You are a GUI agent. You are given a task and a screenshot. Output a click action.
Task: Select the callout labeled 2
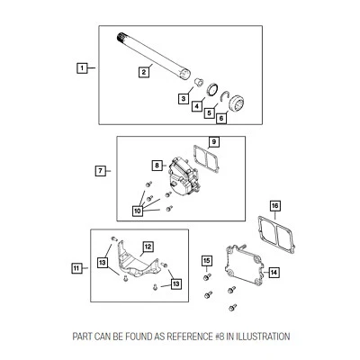(143, 71)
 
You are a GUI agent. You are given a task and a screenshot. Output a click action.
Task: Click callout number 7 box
(101, 169)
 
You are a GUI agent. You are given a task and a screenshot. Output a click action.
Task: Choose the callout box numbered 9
(214, 142)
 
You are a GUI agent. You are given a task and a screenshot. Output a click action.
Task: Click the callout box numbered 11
(76, 267)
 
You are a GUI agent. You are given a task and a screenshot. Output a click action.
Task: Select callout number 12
(148, 245)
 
